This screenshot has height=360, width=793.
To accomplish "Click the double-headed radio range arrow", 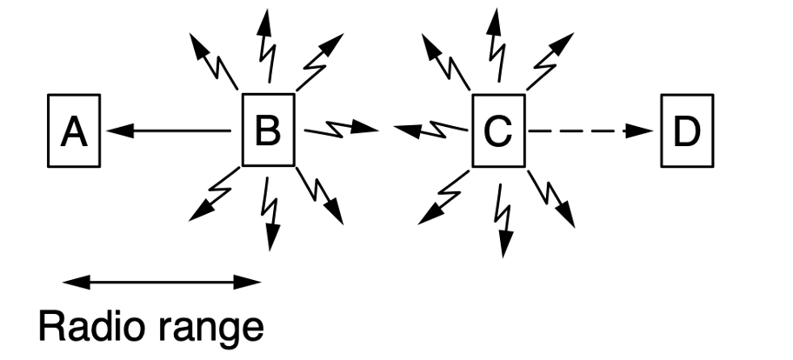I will [162, 281].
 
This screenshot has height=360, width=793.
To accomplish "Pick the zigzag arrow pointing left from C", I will [431, 130].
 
